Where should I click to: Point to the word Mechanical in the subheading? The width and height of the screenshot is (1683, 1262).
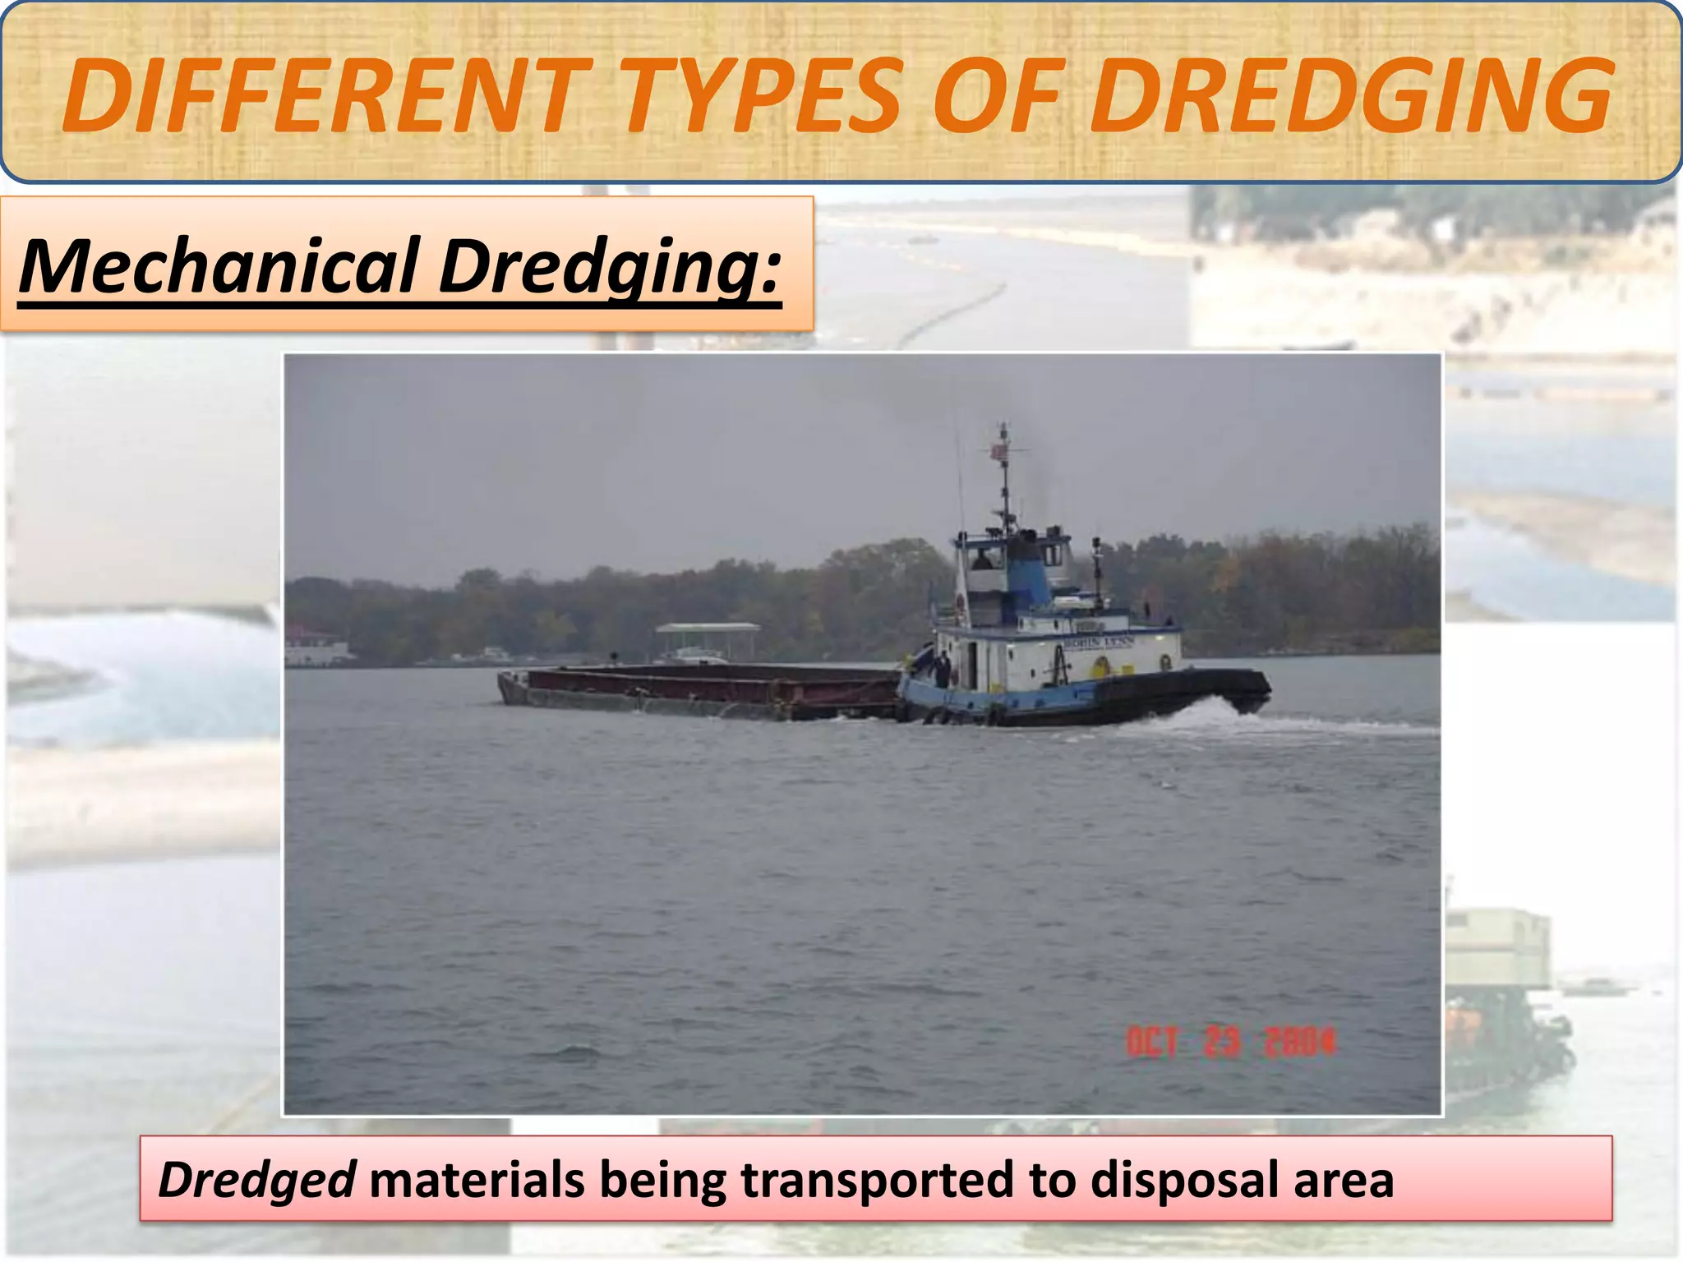[x=219, y=266]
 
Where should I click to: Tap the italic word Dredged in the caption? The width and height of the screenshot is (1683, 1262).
[x=256, y=1181]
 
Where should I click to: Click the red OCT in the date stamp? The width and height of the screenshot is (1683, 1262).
[x=1151, y=1043]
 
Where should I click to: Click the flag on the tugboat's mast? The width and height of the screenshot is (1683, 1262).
[x=999, y=450]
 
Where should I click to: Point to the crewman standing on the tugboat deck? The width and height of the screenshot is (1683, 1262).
[x=943, y=667]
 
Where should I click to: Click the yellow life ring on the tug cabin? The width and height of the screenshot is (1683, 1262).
[x=1100, y=666]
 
